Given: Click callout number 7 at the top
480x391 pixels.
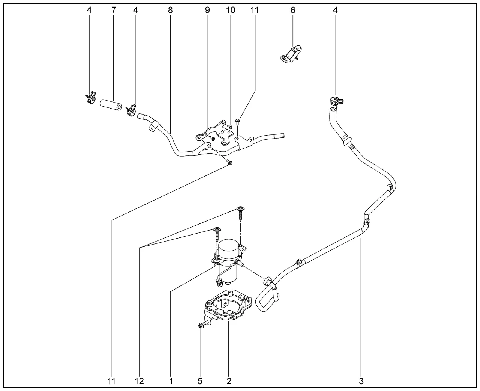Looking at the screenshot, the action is [114, 10].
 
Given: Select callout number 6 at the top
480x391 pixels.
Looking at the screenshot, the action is [293, 10].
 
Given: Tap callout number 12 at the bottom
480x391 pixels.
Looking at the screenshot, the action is [139, 381].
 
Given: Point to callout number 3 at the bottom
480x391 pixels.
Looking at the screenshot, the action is [361, 381].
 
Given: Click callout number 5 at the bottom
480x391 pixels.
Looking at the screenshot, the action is [200, 381].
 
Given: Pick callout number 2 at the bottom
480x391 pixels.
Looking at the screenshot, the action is [229, 381].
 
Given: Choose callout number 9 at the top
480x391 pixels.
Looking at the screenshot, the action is [207, 10].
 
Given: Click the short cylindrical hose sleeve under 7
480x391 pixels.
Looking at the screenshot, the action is [111, 105].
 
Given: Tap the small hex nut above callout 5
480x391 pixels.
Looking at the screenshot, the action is [200, 326].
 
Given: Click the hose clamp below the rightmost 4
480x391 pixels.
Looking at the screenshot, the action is [336, 101].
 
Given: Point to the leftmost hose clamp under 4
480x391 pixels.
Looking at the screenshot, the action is [91, 98].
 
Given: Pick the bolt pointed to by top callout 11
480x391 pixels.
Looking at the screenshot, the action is [238, 122].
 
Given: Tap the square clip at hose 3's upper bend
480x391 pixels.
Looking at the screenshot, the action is [390, 187].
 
